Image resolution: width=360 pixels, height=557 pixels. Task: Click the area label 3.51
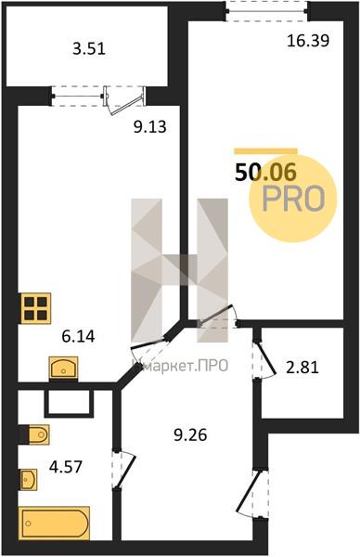pos(89,48)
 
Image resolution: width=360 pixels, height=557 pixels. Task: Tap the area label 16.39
pos(308,41)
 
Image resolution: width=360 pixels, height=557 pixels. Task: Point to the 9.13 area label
pos(149,127)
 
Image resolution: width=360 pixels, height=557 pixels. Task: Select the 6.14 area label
pos(78,336)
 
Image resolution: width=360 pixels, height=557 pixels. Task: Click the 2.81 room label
pos(302,368)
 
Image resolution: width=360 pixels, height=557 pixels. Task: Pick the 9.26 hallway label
pos(190,434)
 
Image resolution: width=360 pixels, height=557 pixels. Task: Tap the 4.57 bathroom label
pos(66,466)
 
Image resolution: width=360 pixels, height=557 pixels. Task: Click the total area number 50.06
pos(265,173)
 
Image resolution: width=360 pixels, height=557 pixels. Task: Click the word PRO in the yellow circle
pos(293,199)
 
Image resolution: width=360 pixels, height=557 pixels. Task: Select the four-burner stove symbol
pos(36,308)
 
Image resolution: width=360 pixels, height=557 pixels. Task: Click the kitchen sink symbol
pos(63,368)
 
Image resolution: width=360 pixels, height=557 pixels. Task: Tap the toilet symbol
pos(34,434)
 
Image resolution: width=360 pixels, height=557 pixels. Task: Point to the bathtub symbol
pos(55,524)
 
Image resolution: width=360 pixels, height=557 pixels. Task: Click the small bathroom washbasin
pos(28,479)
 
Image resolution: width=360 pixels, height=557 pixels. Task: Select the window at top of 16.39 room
pos(267,10)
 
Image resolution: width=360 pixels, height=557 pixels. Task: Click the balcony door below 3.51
pos(124,100)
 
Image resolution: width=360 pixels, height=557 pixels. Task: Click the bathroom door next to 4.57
pos(124,471)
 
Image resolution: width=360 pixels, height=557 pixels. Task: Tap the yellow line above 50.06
pos(265,151)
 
